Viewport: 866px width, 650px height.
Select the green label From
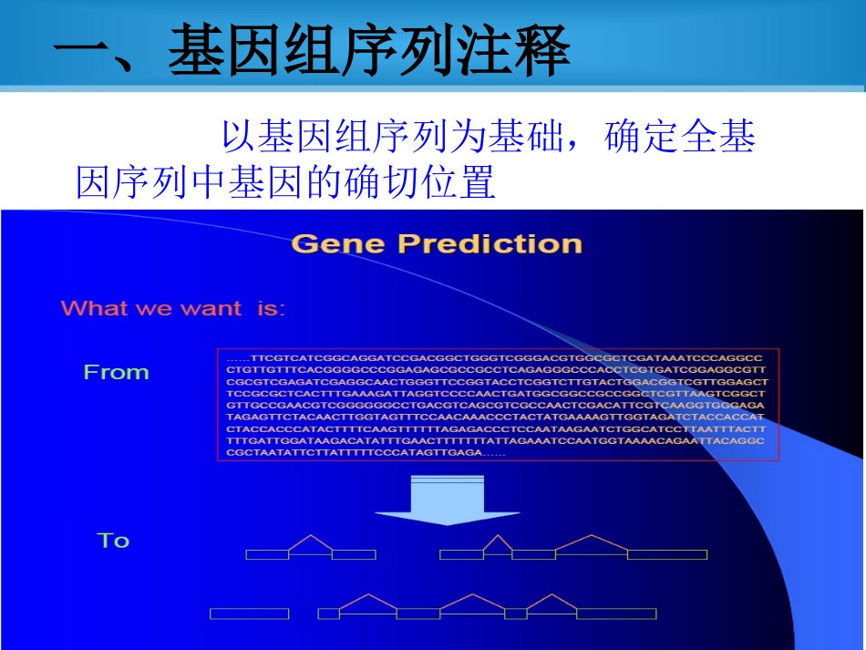(116, 372)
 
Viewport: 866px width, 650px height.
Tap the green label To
(113, 541)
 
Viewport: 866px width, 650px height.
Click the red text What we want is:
(172, 308)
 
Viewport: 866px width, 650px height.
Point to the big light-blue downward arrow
(446, 500)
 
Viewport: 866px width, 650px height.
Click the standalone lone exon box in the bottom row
(249, 614)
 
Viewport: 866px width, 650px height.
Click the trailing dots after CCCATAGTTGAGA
(494, 453)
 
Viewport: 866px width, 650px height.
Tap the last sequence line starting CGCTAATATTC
(356, 453)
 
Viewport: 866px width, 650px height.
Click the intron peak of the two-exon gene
(310, 537)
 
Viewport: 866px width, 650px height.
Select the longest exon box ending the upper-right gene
(667, 554)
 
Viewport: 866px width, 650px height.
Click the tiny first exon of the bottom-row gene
(328, 614)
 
